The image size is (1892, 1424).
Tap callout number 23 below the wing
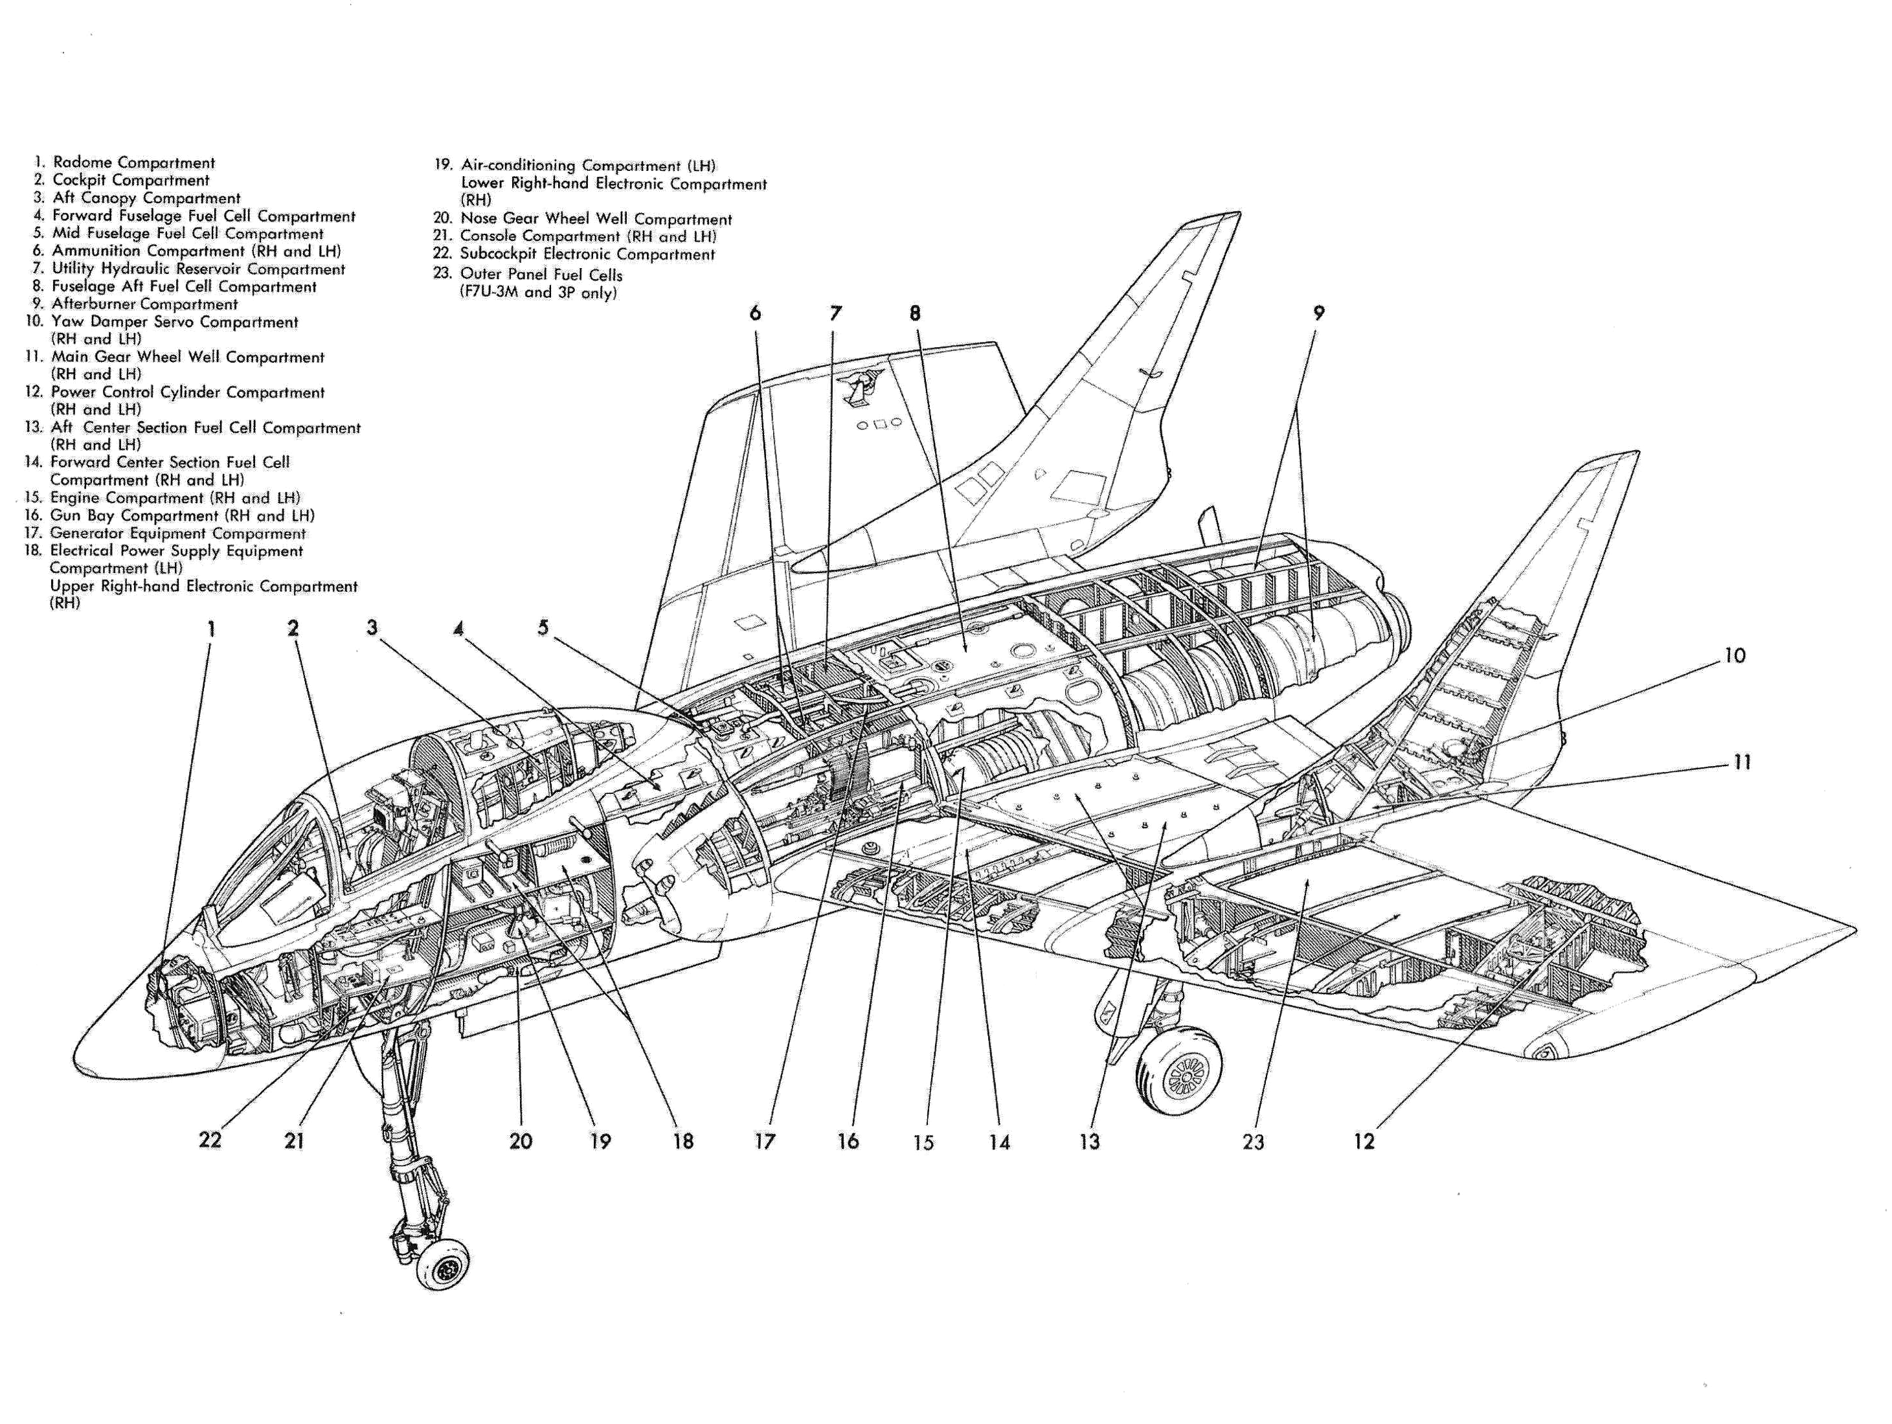click(x=1253, y=1142)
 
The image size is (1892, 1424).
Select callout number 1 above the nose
click(x=211, y=629)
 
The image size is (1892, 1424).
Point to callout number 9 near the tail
click(x=1319, y=313)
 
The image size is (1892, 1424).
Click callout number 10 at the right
click(x=1735, y=656)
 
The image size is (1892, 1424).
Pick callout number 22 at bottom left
click(x=210, y=1140)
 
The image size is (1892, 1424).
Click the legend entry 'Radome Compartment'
click(x=133, y=163)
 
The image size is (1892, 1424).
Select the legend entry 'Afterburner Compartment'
click(x=144, y=304)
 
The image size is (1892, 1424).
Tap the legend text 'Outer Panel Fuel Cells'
click(x=541, y=275)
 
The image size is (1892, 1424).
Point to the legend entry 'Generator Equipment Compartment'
click(x=178, y=533)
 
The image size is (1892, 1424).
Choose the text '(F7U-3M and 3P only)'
click(x=539, y=293)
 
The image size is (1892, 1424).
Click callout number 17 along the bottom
click(x=765, y=1141)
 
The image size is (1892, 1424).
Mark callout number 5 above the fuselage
click(x=543, y=627)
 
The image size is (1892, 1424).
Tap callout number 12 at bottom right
click(x=1364, y=1142)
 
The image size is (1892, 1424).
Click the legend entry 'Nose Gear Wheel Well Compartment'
click(x=596, y=219)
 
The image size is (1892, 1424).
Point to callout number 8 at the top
click(x=915, y=313)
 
